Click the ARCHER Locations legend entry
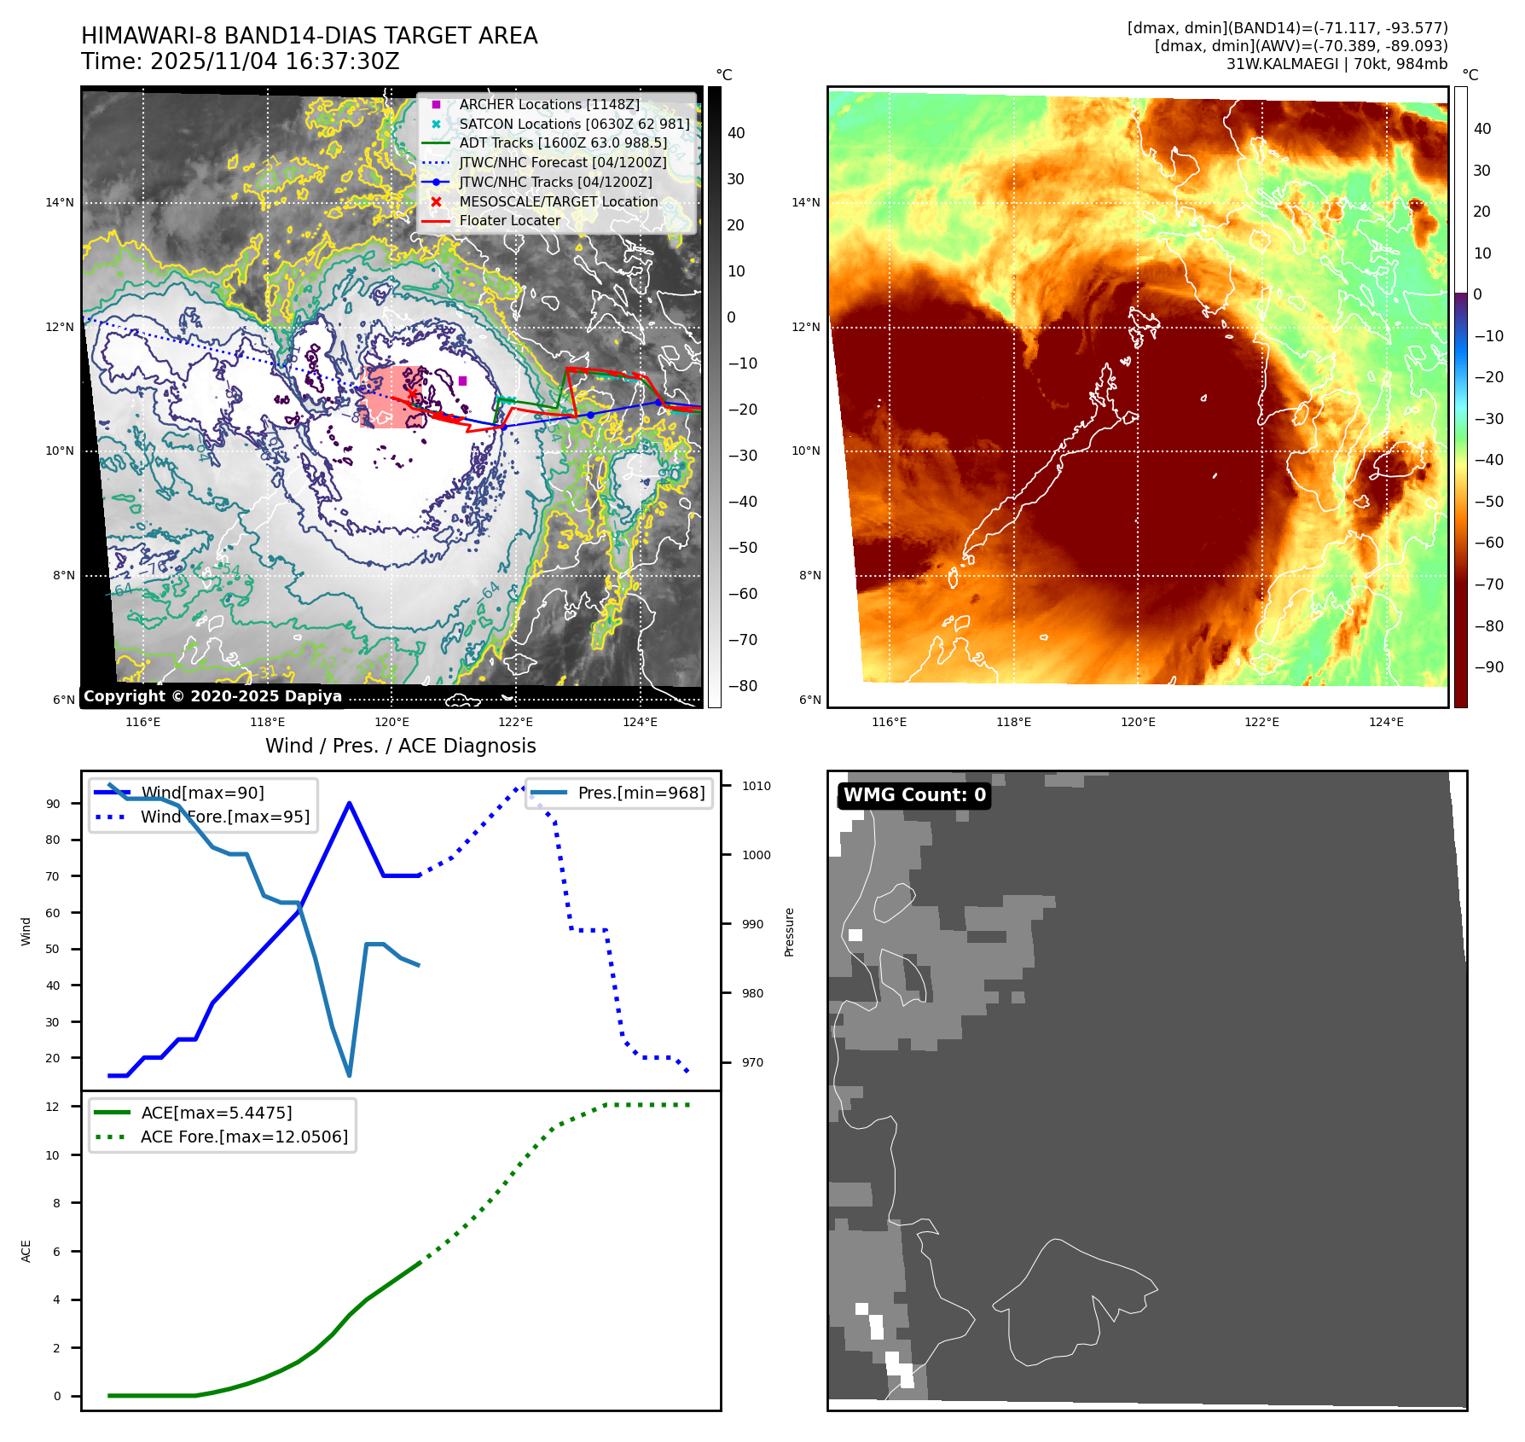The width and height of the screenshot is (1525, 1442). [548, 104]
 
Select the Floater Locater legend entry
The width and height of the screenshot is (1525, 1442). [509, 221]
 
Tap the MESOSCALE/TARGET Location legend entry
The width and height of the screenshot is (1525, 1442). [558, 201]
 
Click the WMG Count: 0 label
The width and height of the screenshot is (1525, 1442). [914, 795]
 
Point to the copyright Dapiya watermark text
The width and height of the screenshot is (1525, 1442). [212, 696]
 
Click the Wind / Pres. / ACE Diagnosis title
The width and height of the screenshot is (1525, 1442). [401, 746]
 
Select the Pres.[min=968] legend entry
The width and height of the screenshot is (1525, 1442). [641, 793]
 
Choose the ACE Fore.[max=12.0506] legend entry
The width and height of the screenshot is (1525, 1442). [244, 1137]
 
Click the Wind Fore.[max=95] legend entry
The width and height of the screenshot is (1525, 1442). [225, 817]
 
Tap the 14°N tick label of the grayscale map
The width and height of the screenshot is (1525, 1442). [60, 203]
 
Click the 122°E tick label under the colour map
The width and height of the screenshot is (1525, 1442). [1261, 722]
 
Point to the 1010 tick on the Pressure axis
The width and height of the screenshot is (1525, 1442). [757, 786]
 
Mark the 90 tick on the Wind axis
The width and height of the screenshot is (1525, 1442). [53, 804]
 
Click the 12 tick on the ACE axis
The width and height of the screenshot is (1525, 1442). [53, 1107]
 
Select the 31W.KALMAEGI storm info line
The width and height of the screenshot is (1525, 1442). [1337, 64]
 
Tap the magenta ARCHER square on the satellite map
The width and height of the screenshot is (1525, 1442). [462, 381]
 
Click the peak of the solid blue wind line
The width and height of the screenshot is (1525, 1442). [350, 803]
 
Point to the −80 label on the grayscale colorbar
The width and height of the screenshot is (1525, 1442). [743, 686]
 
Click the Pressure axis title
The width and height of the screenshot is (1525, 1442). [789, 932]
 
